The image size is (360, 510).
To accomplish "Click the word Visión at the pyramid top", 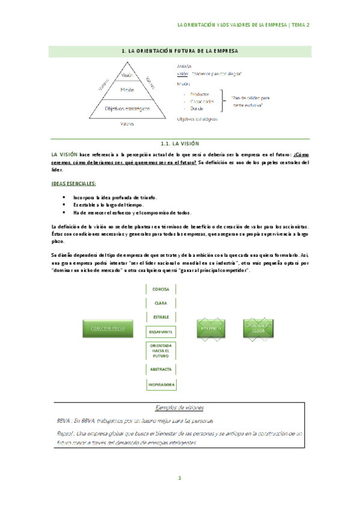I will (126, 76).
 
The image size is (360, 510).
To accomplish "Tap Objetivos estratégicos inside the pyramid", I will (127, 109).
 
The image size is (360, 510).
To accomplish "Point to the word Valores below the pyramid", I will (127, 124).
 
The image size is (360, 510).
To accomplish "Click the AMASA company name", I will (185, 65).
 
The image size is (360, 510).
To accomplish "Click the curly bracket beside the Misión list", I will (224, 102).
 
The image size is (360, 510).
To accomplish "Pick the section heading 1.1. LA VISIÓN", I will (180, 144).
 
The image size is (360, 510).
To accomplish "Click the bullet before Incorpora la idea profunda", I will (64, 197).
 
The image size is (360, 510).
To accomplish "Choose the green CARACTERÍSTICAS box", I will (109, 328).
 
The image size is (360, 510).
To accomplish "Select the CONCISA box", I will (160, 289).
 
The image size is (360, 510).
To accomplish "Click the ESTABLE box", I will (160, 316).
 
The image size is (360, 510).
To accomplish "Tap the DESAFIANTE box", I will (160, 332).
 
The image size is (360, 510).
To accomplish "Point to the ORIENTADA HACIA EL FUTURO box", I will (160, 351).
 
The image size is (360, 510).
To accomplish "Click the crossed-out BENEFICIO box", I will (211, 328).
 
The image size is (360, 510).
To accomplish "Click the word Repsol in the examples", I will (64, 432).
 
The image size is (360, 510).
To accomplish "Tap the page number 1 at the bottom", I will (180, 479).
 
